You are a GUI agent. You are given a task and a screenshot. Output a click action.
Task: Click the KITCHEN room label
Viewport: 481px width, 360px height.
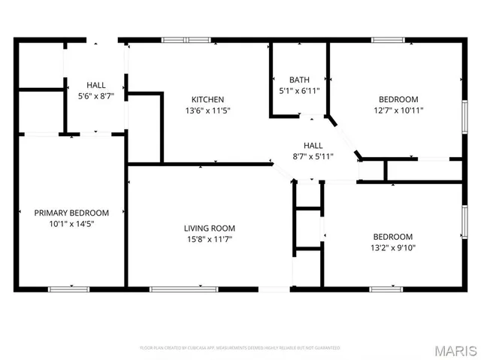point(207,99)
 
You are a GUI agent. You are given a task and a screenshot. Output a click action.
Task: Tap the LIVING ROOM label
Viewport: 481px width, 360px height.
point(210,228)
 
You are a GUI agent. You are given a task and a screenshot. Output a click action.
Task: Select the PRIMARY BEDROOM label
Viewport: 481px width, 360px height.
point(72,213)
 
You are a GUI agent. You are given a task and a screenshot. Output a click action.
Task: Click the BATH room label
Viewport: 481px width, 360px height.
point(299,80)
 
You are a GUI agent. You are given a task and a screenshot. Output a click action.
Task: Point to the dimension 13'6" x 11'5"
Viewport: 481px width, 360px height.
point(207,110)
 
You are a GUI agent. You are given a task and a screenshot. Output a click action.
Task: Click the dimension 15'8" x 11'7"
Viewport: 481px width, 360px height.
point(210,239)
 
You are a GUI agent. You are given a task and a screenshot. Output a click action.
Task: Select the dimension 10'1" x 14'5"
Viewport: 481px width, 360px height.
point(72,223)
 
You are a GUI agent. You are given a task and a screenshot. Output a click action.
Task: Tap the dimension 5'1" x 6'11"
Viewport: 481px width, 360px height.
point(299,90)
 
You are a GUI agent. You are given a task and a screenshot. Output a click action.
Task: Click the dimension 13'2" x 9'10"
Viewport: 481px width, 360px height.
point(392,247)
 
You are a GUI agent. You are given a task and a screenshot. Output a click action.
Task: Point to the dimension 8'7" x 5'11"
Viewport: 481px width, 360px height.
point(313,156)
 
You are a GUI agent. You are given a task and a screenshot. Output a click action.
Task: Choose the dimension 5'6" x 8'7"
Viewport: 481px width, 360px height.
point(95,96)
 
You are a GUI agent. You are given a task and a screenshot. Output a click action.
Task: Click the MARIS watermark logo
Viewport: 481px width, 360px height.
point(455,349)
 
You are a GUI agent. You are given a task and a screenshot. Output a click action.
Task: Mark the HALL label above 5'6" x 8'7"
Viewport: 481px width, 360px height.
point(95,85)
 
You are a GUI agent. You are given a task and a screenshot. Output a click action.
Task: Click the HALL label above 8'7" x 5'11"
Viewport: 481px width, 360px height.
point(313,145)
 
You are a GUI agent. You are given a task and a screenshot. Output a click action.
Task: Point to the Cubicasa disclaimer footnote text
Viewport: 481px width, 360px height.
point(240,347)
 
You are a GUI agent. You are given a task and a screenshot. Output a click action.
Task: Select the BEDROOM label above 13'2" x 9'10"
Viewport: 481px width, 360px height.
point(392,236)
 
